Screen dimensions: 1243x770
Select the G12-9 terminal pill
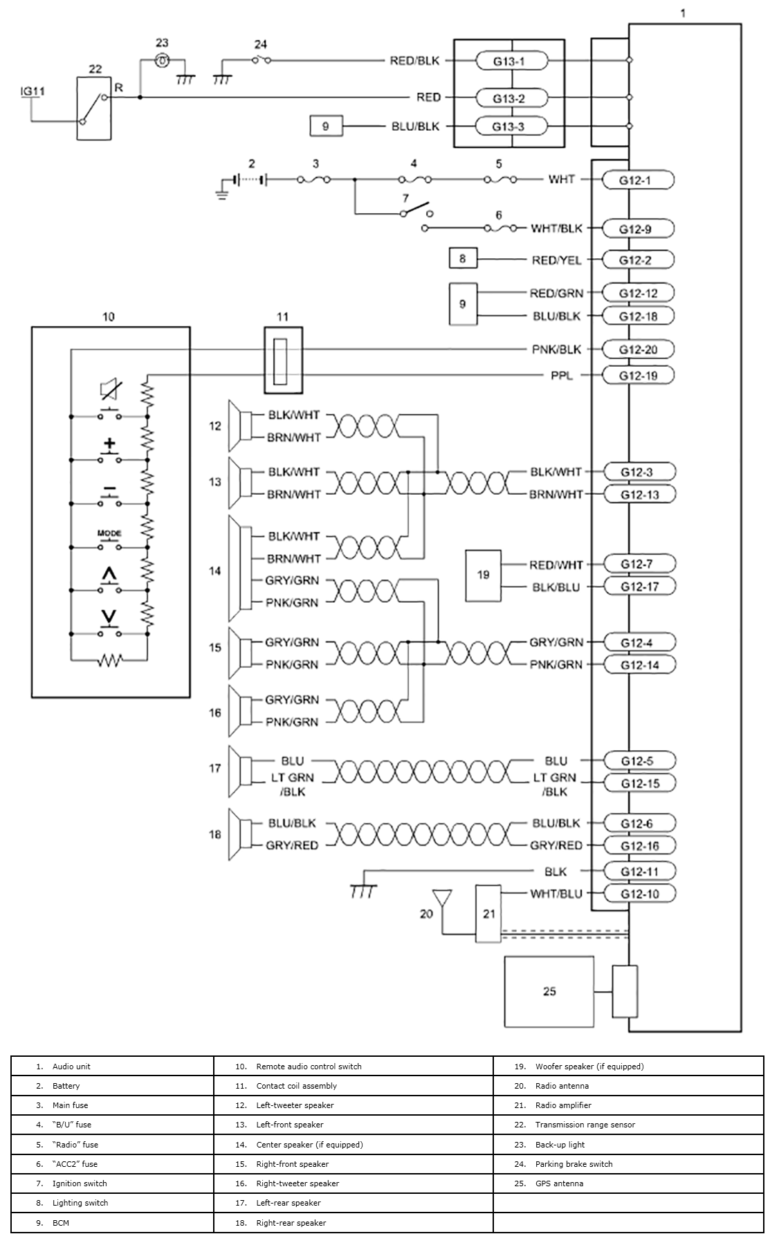point(635,229)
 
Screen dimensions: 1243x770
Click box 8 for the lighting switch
point(462,259)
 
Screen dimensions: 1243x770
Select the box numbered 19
point(483,574)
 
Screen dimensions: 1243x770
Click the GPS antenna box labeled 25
point(549,992)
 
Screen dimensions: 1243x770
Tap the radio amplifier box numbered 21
point(488,914)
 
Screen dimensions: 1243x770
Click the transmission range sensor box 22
point(94,109)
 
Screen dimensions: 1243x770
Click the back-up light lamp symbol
point(162,60)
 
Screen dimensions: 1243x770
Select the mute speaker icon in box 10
point(109,390)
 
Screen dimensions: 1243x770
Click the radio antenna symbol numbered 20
point(441,898)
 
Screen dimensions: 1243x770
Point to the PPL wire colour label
point(562,376)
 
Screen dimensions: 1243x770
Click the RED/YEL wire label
point(556,260)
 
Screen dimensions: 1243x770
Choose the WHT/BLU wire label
point(556,893)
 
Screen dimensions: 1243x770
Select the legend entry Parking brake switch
point(574,1163)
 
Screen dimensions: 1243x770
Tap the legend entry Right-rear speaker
point(291,1222)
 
